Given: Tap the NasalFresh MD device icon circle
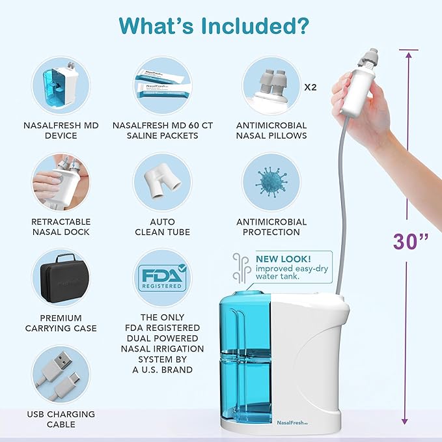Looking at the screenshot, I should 61,86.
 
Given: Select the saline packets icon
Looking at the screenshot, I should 163,86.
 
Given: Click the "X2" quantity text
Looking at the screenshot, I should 312,86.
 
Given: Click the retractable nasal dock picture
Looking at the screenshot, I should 61,182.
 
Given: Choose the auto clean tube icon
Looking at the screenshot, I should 163,182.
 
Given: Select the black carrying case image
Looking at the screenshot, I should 61,278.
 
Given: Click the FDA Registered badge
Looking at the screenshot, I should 163,278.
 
